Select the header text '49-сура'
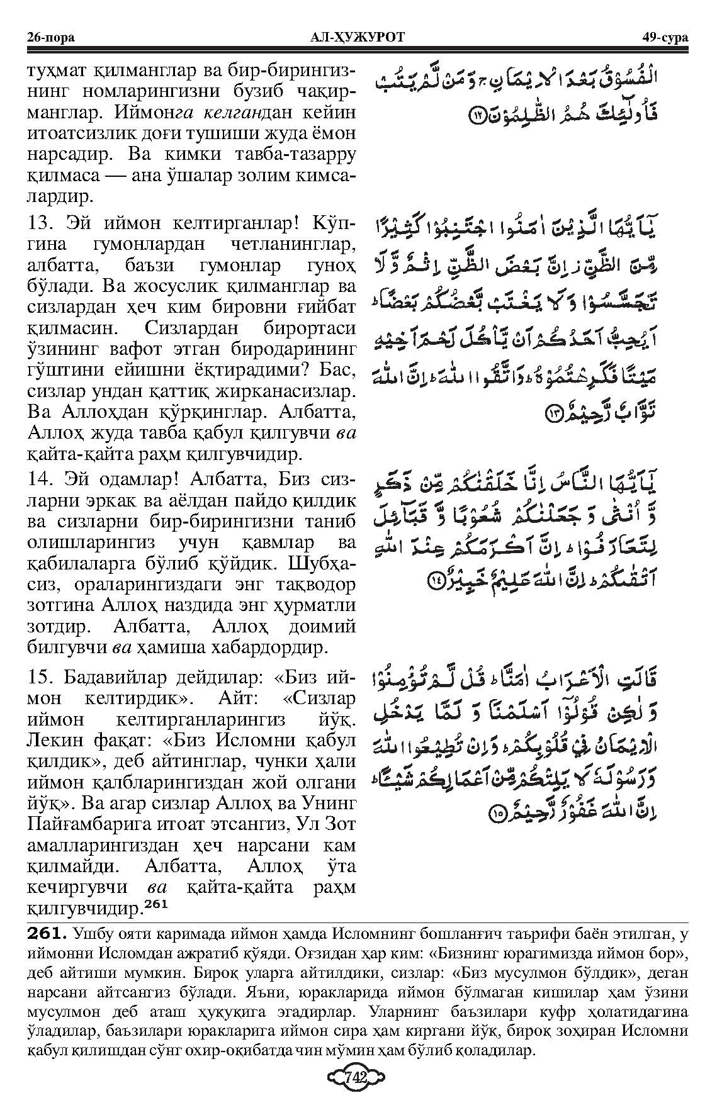point(665,37)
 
